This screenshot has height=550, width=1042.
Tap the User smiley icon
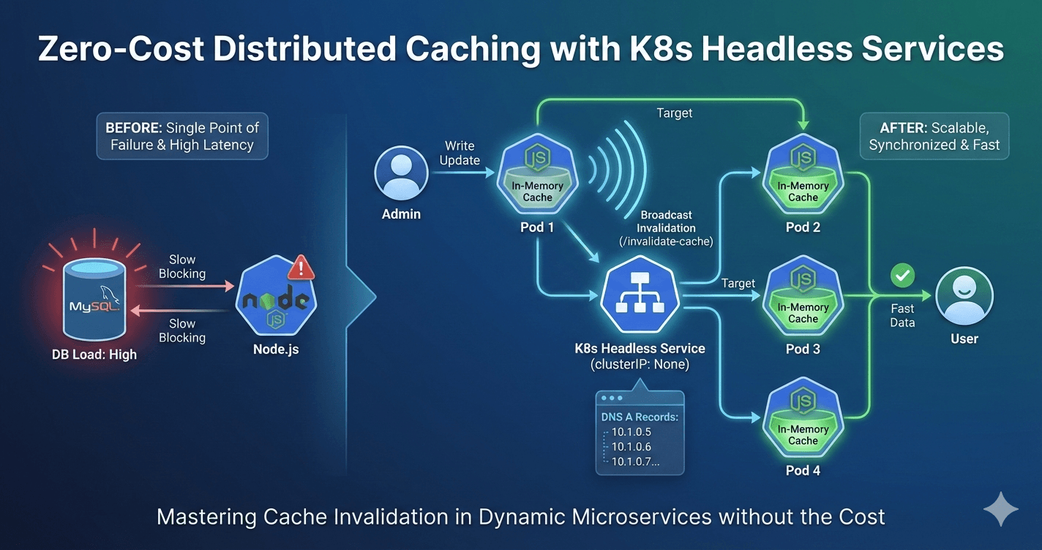click(964, 296)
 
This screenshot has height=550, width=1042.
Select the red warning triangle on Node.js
click(301, 268)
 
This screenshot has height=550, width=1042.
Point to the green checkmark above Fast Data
click(902, 276)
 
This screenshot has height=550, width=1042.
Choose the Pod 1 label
click(536, 227)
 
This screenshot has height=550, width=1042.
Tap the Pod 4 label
click(803, 470)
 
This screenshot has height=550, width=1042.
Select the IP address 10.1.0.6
click(631, 447)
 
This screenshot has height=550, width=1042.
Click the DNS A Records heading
click(640, 417)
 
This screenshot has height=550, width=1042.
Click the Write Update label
click(460, 153)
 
